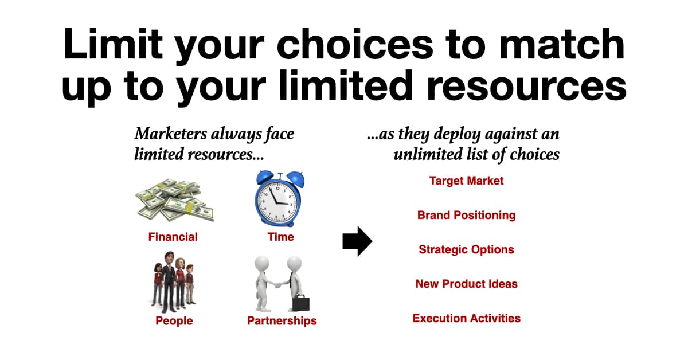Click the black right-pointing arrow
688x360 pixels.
(357, 241)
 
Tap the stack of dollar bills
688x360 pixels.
(175, 200)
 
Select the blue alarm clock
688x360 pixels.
(279, 199)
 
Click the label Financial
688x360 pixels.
(173, 237)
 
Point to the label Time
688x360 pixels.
(281, 237)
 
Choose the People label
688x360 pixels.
(174, 320)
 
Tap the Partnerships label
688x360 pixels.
(282, 320)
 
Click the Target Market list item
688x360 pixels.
(466, 181)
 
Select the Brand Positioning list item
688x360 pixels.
(466, 215)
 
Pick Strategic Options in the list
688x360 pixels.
(466, 249)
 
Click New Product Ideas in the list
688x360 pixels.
(466, 284)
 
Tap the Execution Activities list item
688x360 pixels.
(466, 318)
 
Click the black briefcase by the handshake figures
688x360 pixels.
(300, 303)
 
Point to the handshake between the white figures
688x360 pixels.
(277, 285)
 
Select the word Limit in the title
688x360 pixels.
(113, 44)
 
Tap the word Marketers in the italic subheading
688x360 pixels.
(171, 134)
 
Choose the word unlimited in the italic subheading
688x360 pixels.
(428, 154)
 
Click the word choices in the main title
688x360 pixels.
(355, 44)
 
